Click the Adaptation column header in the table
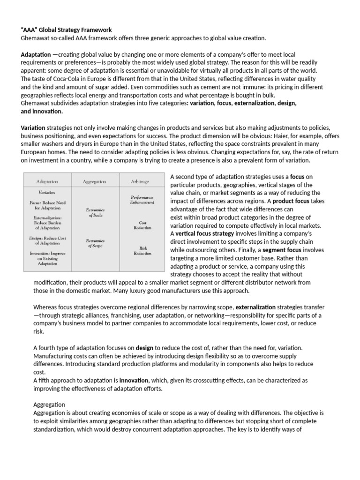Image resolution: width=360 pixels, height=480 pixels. [x=47, y=181]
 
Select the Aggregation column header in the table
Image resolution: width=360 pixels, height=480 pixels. [x=94, y=181]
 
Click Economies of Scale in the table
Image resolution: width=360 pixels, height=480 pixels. [x=95, y=213]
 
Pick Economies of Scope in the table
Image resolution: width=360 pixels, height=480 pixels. [x=95, y=243]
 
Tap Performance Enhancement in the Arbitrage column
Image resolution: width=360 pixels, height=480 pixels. [x=142, y=200]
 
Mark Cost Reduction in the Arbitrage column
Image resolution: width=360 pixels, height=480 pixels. [x=142, y=225]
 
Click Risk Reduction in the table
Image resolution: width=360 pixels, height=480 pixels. [x=142, y=251]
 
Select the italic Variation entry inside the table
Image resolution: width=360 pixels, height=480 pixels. [x=47, y=193]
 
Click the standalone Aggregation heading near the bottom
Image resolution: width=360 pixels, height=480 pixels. [x=49, y=405]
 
